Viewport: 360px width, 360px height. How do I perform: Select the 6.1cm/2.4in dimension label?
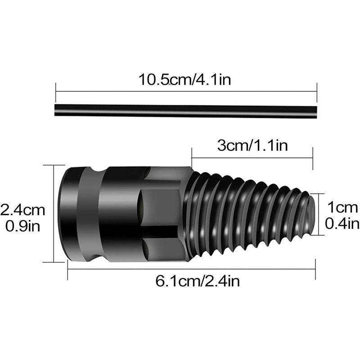[x=191, y=282]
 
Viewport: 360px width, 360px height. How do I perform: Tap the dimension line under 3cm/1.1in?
[x=252, y=157]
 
